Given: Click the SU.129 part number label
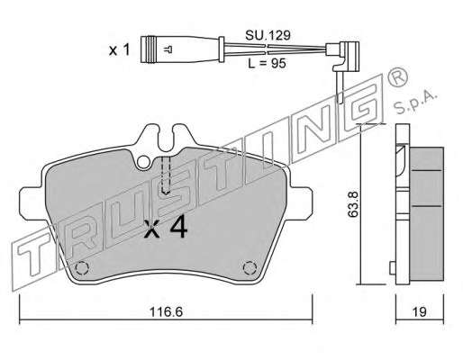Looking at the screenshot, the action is coord(268,35).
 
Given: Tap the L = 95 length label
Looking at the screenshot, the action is coord(267,63).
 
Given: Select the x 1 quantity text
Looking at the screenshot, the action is coord(119,49).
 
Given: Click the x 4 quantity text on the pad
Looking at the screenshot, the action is coord(166,228).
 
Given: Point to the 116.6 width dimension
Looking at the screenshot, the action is coord(166,312).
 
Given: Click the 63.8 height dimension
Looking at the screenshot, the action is coord(353,204).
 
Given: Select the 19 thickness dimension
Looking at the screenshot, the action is coord(419,312).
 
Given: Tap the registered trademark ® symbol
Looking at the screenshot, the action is coord(397,77).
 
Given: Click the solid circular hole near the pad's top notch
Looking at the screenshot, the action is coord(143,162).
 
